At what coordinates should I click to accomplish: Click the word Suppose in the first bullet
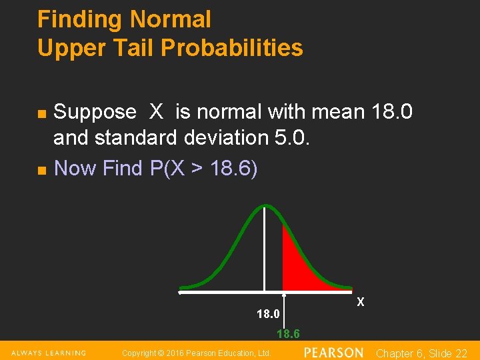coord(95,112)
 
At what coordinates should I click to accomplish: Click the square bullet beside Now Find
coord(41,171)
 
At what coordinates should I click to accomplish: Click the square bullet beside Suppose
coord(41,114)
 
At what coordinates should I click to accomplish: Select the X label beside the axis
coord(361,302)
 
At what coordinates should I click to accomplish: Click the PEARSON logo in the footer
coord(333,352)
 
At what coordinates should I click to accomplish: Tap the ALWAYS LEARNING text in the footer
coord(48,353)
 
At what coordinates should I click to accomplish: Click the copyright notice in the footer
coord(197,353)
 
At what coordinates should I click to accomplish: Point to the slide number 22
coord(460,353)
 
